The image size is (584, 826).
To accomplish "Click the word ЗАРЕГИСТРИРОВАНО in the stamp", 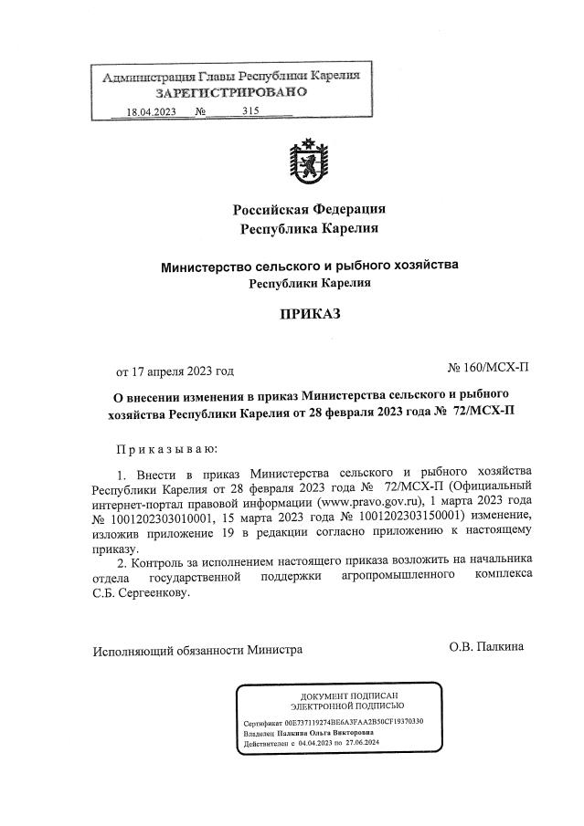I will [231, 93].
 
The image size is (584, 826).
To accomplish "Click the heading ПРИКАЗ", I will [308, 315].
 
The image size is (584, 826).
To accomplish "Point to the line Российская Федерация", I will [308, 209].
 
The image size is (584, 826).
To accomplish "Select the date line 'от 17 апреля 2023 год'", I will [174, 371].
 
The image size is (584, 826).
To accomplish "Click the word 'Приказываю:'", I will [165, 450].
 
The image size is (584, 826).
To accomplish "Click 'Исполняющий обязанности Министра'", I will [196, 651].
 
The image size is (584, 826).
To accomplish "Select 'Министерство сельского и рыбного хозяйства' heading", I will [308, 267].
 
